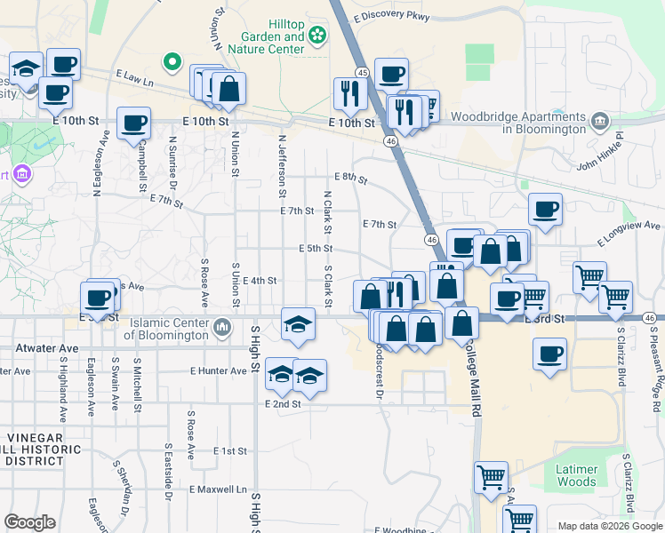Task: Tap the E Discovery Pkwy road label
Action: coord(391,15)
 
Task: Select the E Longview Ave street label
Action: coord(630,234)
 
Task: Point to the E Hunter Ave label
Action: coord(218,371)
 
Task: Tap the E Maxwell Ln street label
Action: coord(218,489)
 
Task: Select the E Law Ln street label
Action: coord(132,80)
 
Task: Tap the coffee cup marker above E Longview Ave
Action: coord(545,210)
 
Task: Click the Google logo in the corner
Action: coord(30,522)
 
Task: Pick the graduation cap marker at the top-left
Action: coord(27,68)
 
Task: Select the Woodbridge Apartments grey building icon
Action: coord(599,120)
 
